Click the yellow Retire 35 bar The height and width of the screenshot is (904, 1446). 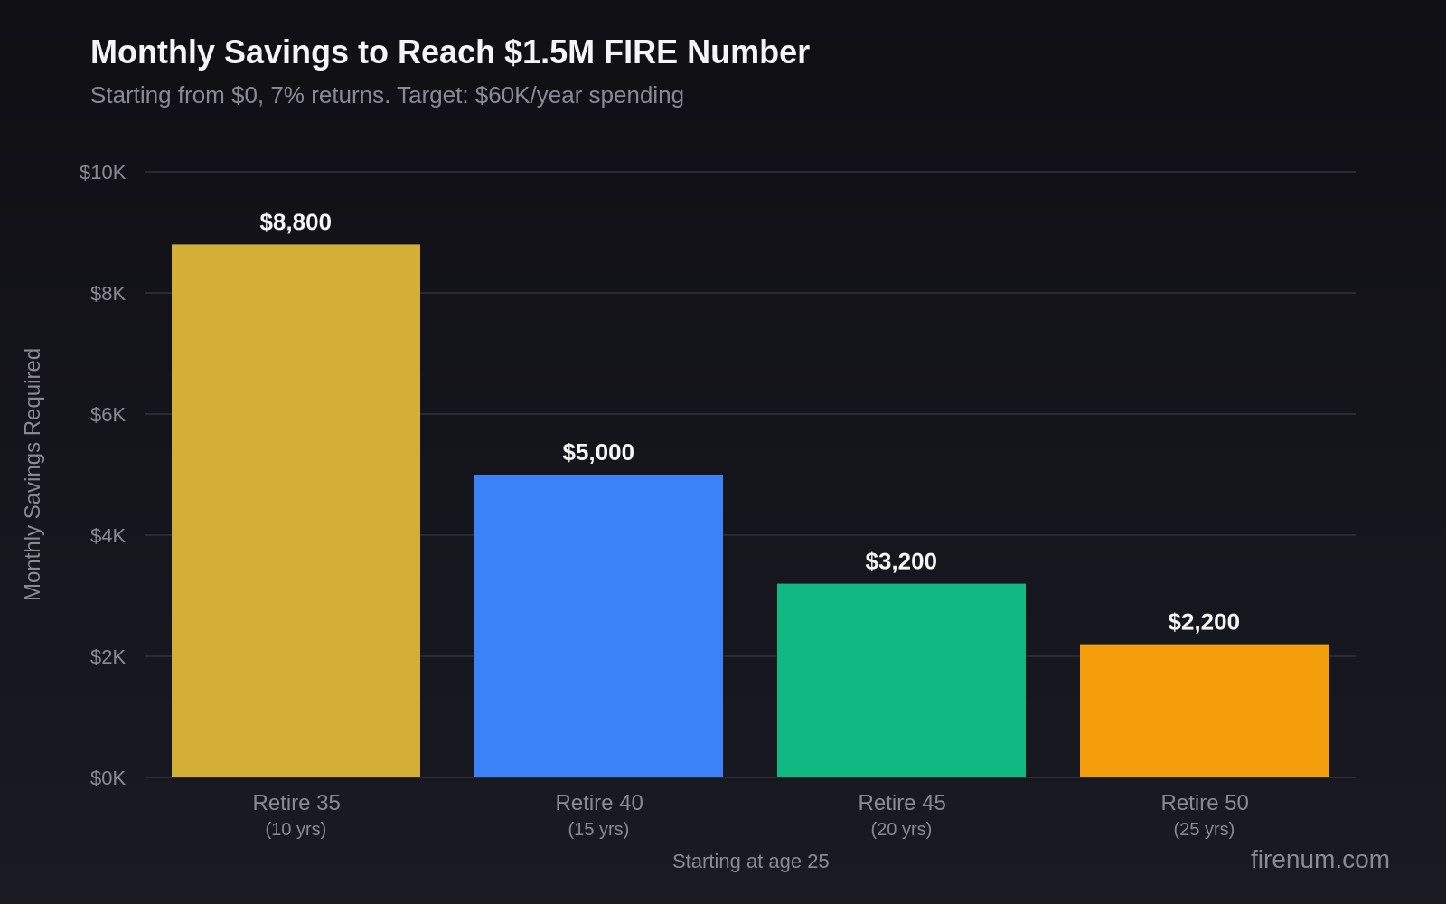point(296,511)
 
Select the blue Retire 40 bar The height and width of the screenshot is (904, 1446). point(598,626)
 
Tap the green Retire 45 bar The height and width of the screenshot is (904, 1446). point(901,680)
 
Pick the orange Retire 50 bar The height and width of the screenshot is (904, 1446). point(1204,711)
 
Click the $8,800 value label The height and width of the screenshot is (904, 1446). point(296,222)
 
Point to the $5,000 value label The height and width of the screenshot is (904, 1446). point(598,453)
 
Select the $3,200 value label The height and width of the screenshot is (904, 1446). point(901,561)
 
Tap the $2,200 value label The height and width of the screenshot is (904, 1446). point(1204,622)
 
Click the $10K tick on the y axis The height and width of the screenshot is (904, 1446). point(102,173)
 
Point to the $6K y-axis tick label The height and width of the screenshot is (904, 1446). point(108,415)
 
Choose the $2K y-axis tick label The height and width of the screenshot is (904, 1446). point(108,657)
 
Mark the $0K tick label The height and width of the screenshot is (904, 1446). point(108,778)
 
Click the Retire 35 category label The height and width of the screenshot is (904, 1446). point(296,803)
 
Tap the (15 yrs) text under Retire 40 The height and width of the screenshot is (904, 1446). point(598,829)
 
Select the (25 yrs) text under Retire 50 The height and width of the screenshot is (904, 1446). point(1204,829)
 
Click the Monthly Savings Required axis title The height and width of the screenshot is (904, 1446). point(33,474)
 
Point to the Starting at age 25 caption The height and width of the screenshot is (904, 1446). point(750,862)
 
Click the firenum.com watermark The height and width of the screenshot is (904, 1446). point(1319,860)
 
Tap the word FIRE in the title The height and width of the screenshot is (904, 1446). point(640,52)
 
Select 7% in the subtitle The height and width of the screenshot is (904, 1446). point(287,95)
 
